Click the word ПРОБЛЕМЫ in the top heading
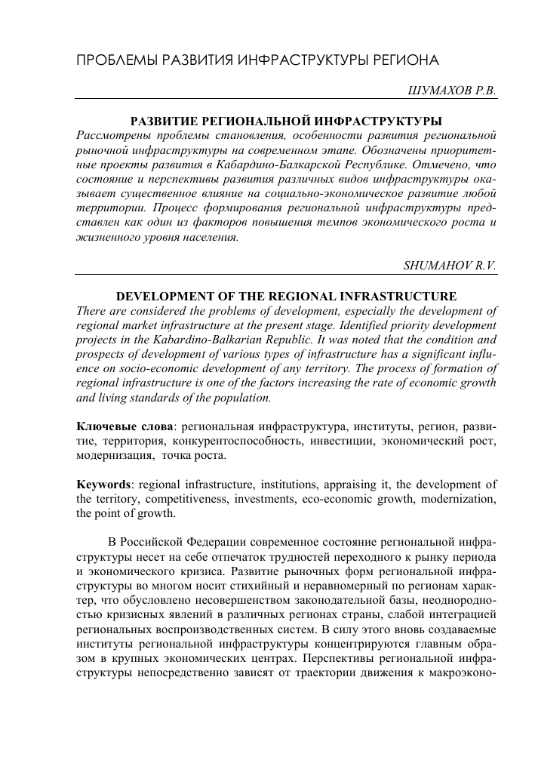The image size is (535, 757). point(117,60)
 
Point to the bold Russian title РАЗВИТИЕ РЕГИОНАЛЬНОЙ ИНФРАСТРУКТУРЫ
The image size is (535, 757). point(286,121)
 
